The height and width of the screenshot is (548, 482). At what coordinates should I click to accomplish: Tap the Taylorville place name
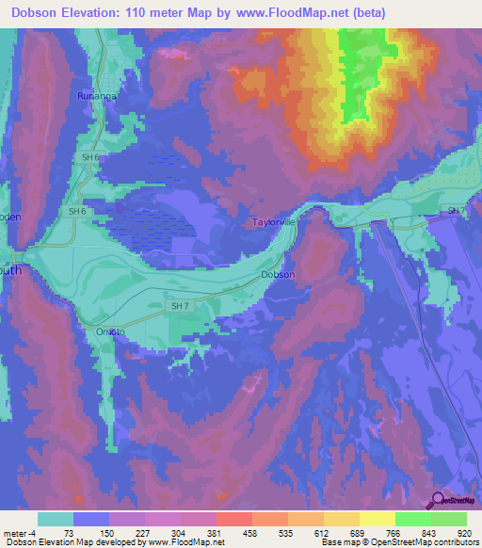pyautogui.click(x=274, y=223)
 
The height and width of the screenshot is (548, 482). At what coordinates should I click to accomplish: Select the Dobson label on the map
pyautogui.click(x=278, y=275)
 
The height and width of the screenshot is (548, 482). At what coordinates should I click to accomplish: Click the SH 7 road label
pyautogui.click(x=179, y=306)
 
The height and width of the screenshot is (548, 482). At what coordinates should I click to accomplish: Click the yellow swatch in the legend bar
pyautogui.click(x=377, y=519)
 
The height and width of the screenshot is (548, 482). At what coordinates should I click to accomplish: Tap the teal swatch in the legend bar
pyautogui.click(x=55, y=519)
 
